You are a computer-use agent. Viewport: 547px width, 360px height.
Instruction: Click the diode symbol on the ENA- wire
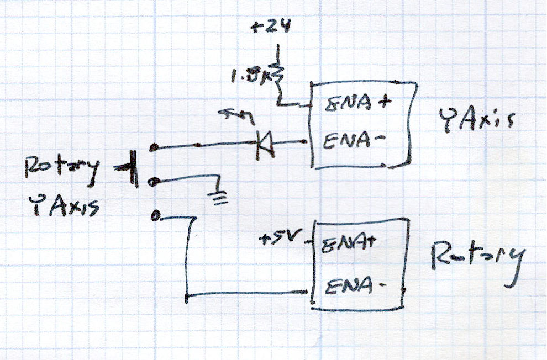point(265,144)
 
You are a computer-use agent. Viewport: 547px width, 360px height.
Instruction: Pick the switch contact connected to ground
point(155,182)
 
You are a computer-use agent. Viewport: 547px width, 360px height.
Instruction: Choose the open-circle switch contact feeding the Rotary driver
point(155,216)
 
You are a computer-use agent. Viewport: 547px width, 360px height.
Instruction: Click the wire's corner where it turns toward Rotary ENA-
point(187,298)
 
